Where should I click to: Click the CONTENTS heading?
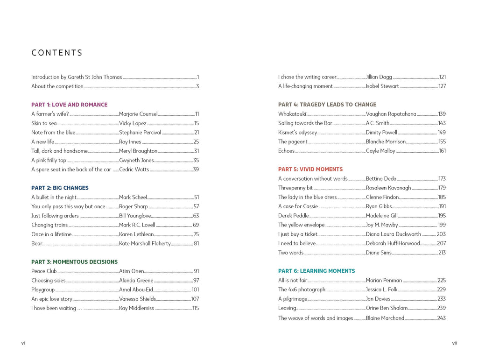[57, 53]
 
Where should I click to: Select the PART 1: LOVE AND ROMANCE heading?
[69, 105]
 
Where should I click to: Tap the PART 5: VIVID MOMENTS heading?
[310, 169]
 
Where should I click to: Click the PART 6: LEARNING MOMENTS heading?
[316, 271]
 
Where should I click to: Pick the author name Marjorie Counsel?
[138, 114]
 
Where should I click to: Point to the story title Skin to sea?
[44, 123]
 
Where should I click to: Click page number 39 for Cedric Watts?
[196, 169]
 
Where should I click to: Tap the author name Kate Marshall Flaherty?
[145, 243]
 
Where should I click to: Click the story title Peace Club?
[44, 271]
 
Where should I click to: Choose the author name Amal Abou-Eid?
[136, 289]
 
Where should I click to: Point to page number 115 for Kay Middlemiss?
[196, 308]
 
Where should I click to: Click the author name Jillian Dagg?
[379, 77]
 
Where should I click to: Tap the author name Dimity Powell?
[381, 133]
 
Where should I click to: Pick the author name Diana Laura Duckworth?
[394, 234]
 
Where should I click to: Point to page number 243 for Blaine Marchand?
[442, 318]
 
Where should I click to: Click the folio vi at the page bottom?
[23, 343]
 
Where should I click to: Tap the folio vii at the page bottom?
[454, 343]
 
